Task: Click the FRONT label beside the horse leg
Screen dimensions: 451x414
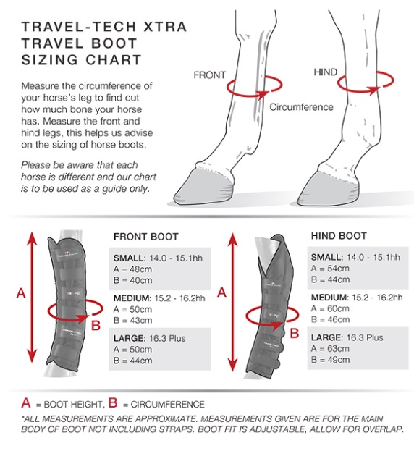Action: click(210, 75)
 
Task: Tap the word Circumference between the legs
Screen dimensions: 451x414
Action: click(301, 107)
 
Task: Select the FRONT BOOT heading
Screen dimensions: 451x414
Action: click(146, 237)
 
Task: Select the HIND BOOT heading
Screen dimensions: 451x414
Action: click(338, 236)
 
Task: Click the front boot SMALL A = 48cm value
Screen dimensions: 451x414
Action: click(132, 269)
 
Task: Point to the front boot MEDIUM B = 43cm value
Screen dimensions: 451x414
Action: click(132, 320)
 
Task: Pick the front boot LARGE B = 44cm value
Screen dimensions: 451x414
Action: click(132, 361)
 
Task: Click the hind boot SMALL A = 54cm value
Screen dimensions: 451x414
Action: click(329, 269)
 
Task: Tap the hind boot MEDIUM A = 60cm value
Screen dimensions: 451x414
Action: click(329, 308)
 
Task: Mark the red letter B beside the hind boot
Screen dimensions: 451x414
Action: click(293, 334)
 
